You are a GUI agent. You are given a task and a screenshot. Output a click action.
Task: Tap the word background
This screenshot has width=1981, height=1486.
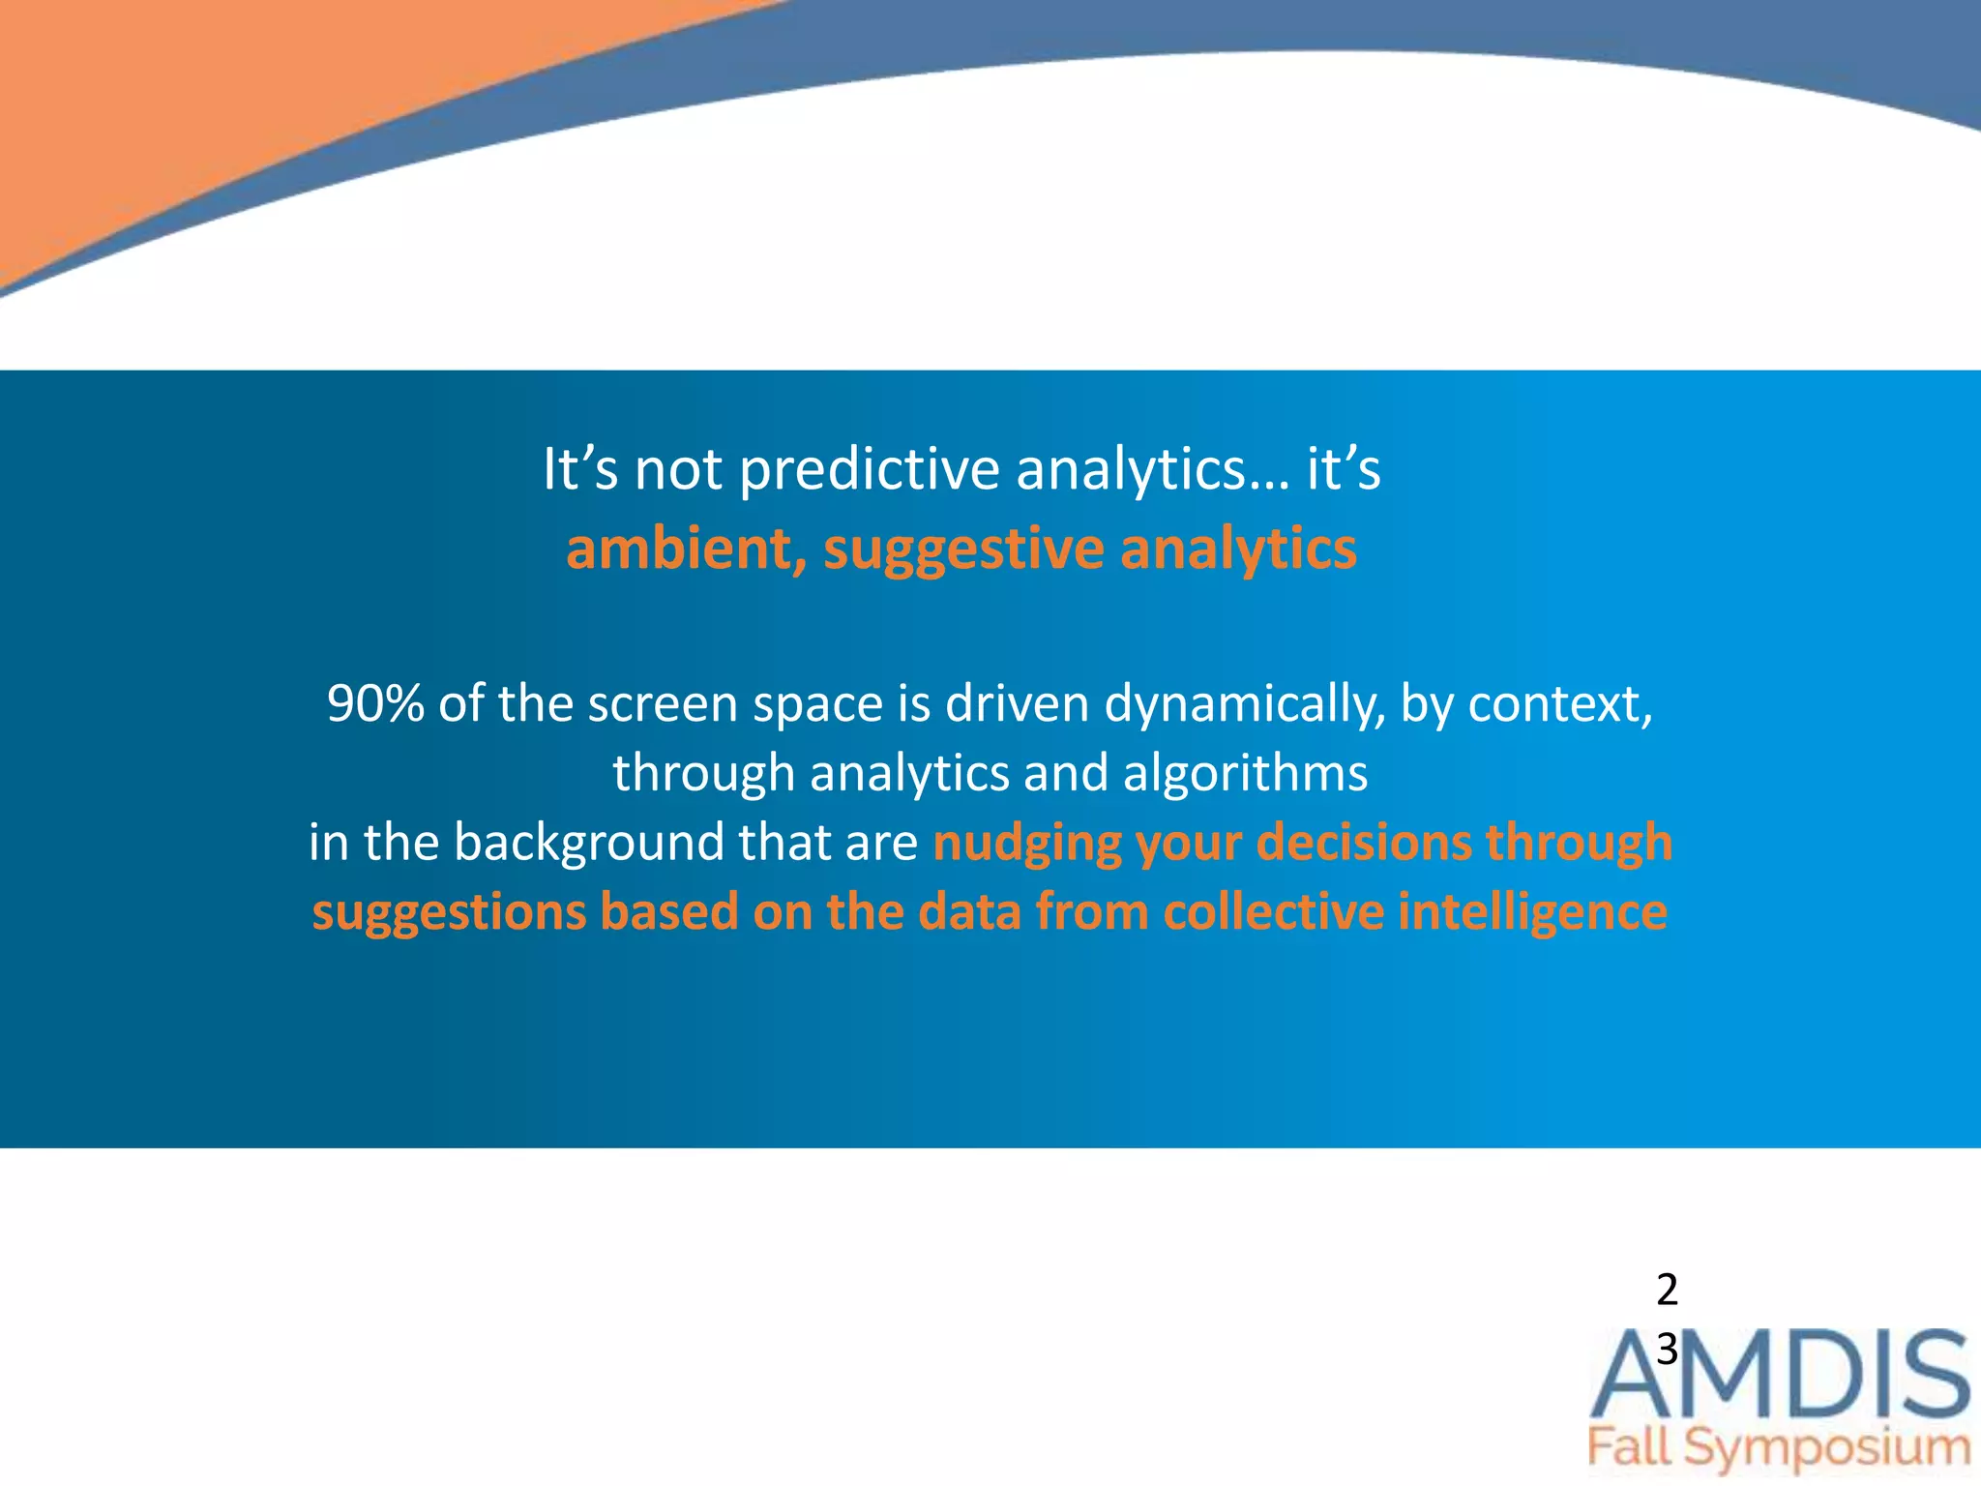tap(589, 843)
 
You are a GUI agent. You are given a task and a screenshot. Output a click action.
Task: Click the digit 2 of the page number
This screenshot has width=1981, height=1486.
tap(1667, 1290)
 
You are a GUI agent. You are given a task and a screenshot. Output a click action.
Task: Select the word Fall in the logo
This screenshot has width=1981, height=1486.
tap(1629, 1448)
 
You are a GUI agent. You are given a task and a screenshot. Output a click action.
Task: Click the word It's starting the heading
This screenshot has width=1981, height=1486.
tap(579, 471)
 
